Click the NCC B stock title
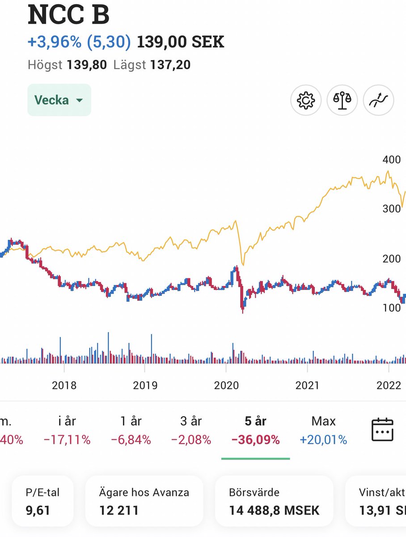68,15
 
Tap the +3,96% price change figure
54,42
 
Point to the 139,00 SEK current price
180,42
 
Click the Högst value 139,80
87,65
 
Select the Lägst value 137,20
170,65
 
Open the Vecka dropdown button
59,100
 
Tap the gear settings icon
306,100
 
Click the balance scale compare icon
342,100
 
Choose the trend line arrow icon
378,100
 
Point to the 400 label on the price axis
392,159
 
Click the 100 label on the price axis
392,308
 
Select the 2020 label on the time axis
226,385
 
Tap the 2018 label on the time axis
64,385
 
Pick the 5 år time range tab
255,421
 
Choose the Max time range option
323,421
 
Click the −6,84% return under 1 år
131,439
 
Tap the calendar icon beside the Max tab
382,430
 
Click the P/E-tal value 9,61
38,511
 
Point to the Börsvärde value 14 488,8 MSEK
274,511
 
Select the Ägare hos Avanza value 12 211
119,511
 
